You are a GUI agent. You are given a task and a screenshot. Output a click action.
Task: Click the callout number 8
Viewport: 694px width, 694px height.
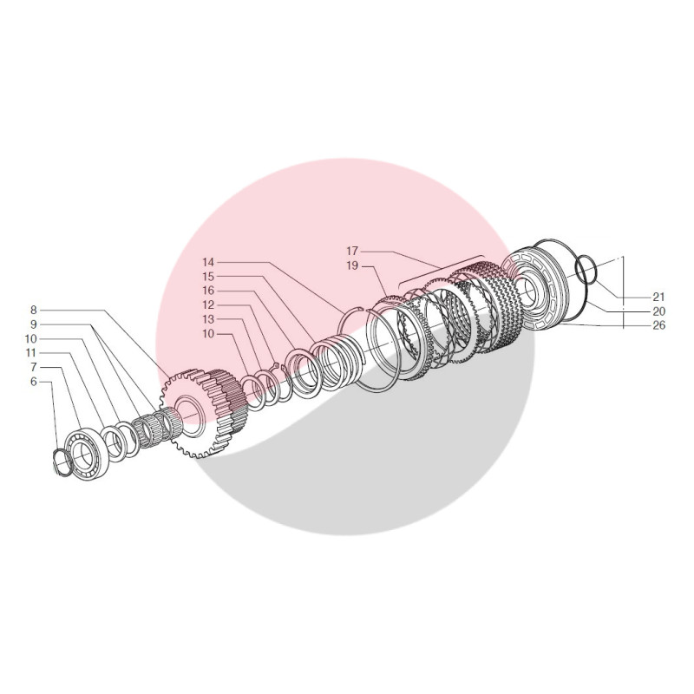[34, 310]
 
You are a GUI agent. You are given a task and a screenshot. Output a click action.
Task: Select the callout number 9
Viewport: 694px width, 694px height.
[34, 324]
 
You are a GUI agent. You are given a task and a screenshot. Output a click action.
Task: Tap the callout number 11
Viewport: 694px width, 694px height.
[31, 353]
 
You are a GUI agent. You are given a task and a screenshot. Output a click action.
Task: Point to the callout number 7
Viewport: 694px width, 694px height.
[34, 367]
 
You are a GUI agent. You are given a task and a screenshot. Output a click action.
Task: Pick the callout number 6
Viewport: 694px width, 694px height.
[34, 382]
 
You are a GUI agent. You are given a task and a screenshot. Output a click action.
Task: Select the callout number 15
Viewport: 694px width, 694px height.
[208, 276]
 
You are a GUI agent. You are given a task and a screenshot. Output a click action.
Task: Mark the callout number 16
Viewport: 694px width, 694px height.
[208, 291]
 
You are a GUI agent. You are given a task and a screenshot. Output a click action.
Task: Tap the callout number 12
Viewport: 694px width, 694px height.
[208, 305]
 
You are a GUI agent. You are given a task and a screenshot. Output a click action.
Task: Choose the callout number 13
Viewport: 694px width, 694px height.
[208, 319]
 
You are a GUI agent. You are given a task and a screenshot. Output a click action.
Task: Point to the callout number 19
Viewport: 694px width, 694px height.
[351, 266]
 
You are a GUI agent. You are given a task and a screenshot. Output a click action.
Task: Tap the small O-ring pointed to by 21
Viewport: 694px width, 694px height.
[585, 270]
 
